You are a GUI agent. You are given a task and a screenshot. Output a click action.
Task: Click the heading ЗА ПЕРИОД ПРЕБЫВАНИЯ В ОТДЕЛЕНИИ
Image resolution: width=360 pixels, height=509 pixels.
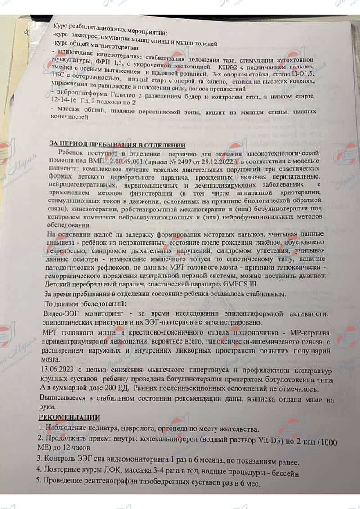pos(117,144)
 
